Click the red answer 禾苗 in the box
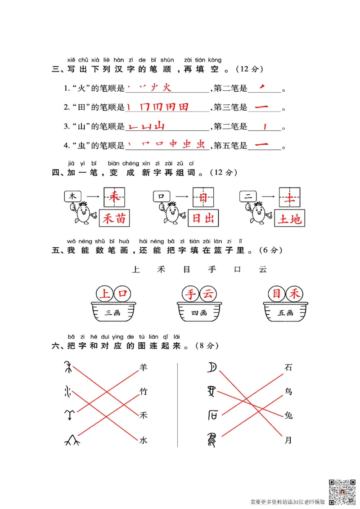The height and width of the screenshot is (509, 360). point(115,219)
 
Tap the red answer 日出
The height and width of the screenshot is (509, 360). point(203,219)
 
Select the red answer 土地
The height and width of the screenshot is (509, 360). point(290,219)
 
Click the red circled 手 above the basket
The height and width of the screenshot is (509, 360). point(192,295)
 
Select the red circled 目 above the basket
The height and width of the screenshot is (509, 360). point(276,295)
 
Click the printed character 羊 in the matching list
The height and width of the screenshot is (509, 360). point(143,367)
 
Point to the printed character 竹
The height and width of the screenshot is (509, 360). point(143,392)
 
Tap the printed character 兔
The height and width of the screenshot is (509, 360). point(288,415)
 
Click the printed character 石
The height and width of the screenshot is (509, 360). point(288,367)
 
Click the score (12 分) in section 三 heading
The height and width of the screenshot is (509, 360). point(249,69)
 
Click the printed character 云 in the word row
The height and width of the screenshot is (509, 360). point(263,269)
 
